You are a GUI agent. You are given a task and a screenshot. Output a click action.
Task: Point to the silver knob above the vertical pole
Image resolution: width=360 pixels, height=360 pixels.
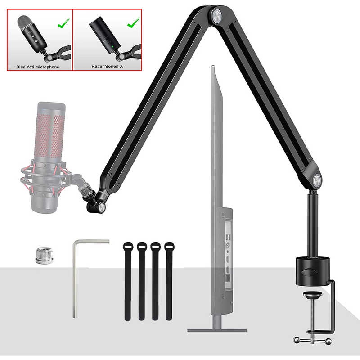pos(316,180)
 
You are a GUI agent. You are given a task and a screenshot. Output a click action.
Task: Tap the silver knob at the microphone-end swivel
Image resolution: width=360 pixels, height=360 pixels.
pos(102,207)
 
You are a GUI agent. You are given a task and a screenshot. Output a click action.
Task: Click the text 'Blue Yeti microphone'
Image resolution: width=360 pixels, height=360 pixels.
pos(37,67)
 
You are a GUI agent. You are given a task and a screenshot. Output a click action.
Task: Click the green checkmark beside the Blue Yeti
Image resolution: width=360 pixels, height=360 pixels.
pos(63,23)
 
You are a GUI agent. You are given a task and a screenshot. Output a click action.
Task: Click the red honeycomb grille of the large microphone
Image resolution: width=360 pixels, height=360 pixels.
pos(50,135)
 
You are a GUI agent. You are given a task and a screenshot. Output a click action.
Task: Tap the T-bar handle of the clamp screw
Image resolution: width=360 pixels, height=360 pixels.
pos(313,341)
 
